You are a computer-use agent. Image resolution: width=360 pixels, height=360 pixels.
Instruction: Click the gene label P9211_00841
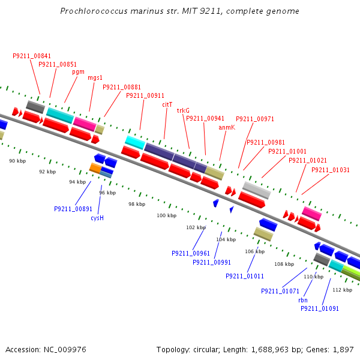[x=32, y=56]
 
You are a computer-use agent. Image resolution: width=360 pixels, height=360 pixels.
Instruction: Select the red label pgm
[x=78, y=71]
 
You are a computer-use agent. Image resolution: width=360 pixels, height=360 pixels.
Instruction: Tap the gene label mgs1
[x=95, y=77]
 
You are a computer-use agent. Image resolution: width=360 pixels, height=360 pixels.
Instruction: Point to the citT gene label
[x=167, y=104]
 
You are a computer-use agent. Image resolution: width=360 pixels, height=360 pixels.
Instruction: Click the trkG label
[x=183, y=110]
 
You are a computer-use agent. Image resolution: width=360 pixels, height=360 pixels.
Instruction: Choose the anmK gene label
[x=227, y=127]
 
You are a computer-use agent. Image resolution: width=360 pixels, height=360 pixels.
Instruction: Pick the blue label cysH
[x=97, y=218]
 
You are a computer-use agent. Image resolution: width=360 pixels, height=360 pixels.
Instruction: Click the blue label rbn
[x=302, y=300]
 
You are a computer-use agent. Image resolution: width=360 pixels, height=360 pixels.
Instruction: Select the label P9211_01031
[x=330, y=170]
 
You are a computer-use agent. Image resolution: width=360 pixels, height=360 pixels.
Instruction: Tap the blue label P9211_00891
[x=73, y=209]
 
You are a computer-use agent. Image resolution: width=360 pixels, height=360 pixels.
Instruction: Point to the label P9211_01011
[x=245, y=276]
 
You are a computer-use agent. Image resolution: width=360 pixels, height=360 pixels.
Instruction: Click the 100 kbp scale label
[x=167, y=215]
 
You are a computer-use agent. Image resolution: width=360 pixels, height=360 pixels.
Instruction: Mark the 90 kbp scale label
[x=17, y=161]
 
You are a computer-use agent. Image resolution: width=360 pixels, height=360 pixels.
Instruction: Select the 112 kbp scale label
[x=342, y=289]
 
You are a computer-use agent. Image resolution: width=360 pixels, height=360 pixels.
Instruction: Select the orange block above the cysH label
[x=95, y=168]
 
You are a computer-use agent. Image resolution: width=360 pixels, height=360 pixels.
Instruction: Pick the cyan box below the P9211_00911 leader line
[x=135, y=142]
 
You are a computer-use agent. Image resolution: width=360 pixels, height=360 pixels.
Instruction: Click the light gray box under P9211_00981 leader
[x=256, y=190]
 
